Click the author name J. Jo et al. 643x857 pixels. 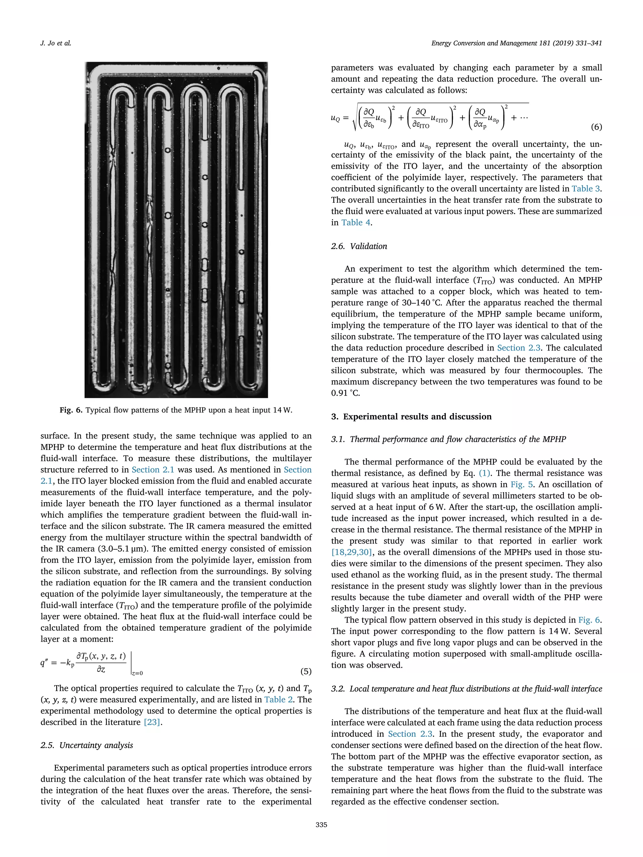(56, 43)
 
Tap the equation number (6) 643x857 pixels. (596, 127)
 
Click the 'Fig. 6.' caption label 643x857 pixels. (71, 410)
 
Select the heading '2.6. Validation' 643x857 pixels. (359, 246)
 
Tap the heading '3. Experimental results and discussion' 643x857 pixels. (411, 416)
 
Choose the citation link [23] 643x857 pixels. (152, 722)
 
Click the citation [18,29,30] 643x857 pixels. (352, 552)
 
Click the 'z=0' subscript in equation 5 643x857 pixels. (137, 673)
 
